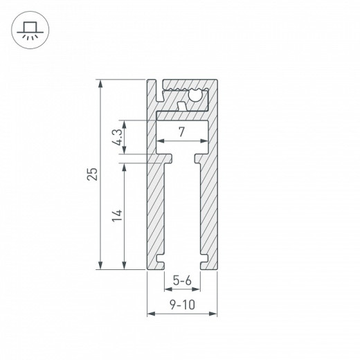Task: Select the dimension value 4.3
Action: point(119,138)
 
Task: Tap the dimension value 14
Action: point(118,215)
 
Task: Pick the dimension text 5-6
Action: point(182,280)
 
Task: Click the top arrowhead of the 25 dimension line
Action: point(102,84)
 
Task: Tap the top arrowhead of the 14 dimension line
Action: point(125,168)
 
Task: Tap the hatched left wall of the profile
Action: point(155,208)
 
